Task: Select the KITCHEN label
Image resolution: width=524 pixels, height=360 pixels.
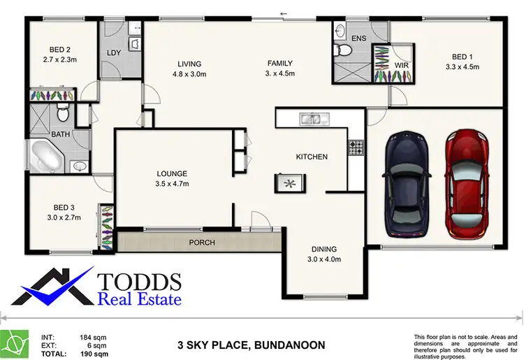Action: pos(312,157)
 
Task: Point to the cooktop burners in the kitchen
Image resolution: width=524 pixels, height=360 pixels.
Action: pos(356,147)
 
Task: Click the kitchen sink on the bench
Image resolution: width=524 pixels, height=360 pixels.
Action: pos(311,120)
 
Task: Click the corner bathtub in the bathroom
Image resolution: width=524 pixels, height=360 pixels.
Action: pos(46,154)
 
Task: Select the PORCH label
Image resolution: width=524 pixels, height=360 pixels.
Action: pos(202,243)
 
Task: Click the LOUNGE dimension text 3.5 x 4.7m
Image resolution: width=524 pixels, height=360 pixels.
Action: pos(172,184)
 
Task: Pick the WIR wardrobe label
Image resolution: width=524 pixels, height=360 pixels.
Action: pos(402,65)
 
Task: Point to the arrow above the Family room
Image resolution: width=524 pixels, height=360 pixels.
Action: pos(284,13)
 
